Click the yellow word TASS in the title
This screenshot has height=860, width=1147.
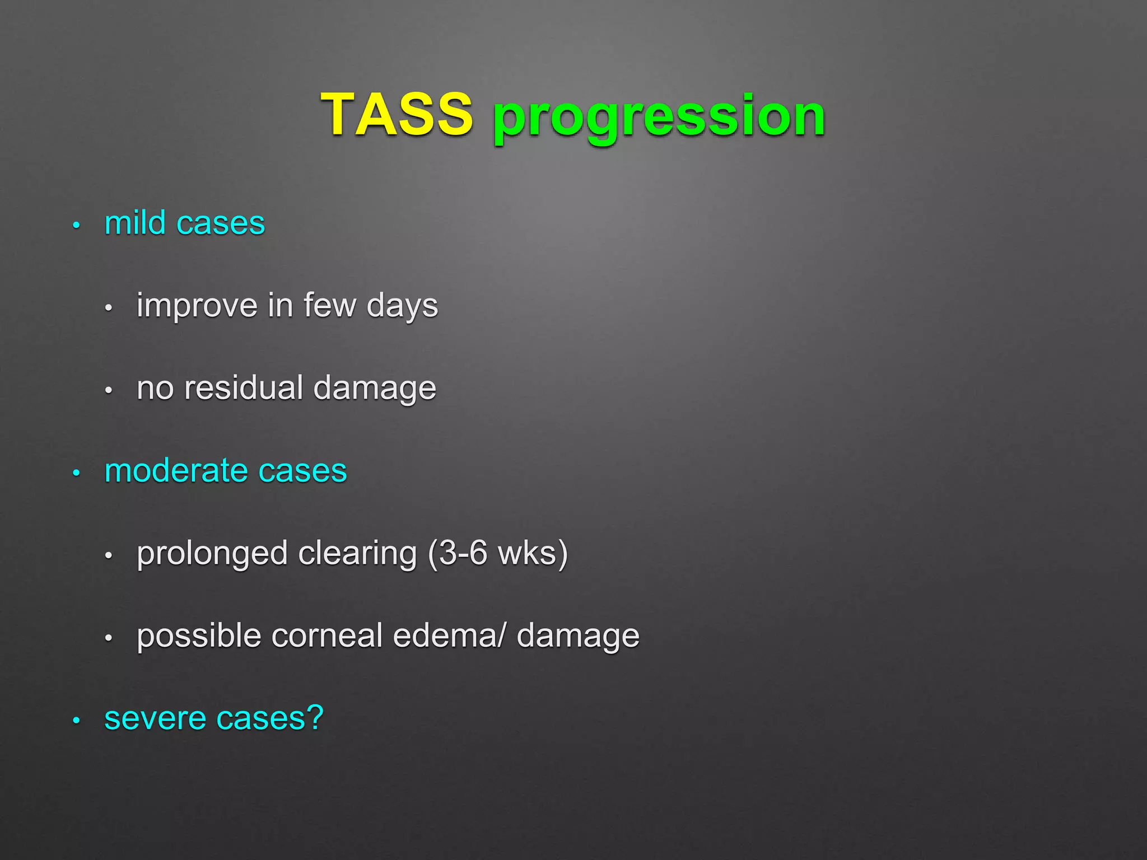point(397,114)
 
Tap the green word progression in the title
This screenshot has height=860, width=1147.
point(659,118)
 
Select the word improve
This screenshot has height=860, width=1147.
point(197,306)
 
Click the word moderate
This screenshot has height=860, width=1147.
point(176,470)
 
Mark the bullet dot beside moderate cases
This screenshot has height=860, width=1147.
point(77,474)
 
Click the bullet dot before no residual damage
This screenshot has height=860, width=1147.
point(109,391)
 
